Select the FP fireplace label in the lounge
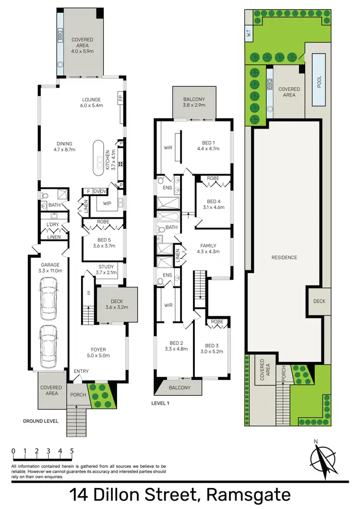[120, 99]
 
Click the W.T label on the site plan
[249, 34]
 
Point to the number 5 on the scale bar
[72, 451]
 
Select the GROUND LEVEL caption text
[41, 421]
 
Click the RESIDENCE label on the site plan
[284, 258]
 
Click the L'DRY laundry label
[52, 225]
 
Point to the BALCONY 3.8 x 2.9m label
[193, 101]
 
